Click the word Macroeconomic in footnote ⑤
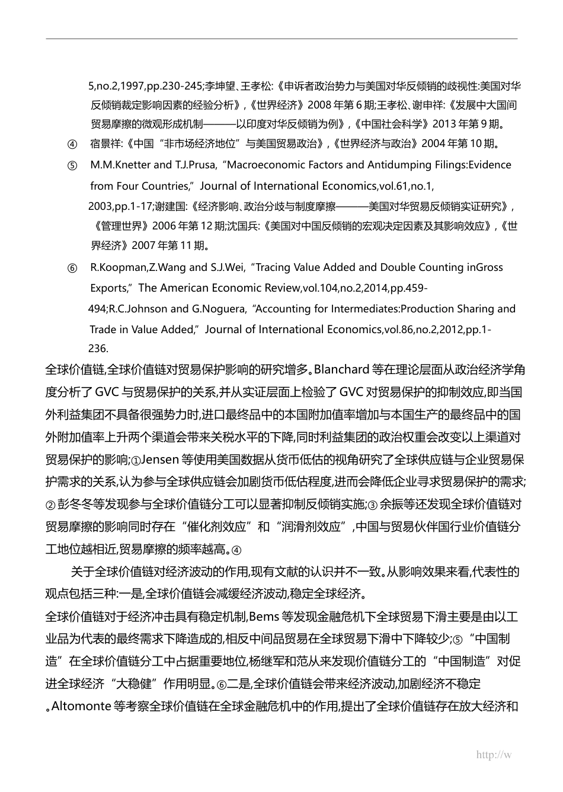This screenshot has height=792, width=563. (x=265, y=165)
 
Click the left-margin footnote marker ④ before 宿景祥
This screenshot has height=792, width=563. (x=72, y=144)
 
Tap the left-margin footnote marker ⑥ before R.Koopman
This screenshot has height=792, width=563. (x=72, y=268)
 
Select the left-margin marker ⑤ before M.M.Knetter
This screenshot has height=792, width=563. (x=72, y=165)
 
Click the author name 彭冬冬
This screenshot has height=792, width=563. (x=74, y=504)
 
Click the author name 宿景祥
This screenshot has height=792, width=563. (x=104, y=143)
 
